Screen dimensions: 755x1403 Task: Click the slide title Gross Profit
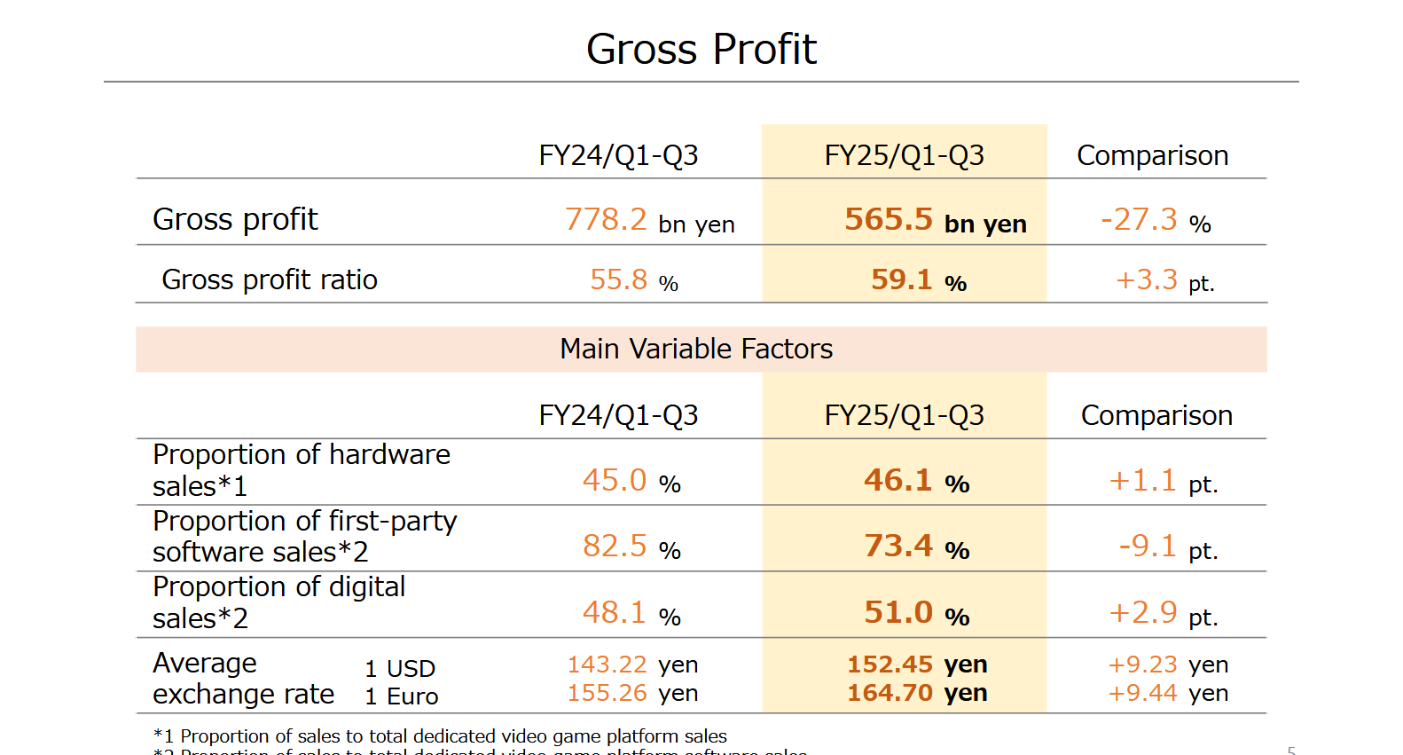701,50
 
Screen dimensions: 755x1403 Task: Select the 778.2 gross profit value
607,219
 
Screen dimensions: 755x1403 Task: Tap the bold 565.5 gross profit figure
889,219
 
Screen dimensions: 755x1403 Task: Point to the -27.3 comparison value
1140,219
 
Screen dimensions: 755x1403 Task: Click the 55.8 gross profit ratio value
619,279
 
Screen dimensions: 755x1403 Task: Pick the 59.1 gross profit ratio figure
901,279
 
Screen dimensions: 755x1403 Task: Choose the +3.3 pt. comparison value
1147,280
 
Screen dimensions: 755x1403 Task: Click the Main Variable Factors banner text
696,349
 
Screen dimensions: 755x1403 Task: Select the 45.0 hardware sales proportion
615,480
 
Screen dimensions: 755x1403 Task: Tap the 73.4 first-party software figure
898,546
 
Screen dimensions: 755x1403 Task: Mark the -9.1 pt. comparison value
1148,546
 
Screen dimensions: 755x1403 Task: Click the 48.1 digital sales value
615,612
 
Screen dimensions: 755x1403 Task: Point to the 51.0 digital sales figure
898,612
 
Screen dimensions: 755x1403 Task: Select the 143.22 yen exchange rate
607,665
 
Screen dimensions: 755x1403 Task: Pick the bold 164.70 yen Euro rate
890,693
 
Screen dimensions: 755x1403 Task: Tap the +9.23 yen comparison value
1143,665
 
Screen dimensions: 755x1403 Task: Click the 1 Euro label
402,696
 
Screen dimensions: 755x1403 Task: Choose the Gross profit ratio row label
270,279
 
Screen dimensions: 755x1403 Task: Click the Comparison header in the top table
1152,155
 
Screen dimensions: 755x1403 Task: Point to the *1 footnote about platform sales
440,735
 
